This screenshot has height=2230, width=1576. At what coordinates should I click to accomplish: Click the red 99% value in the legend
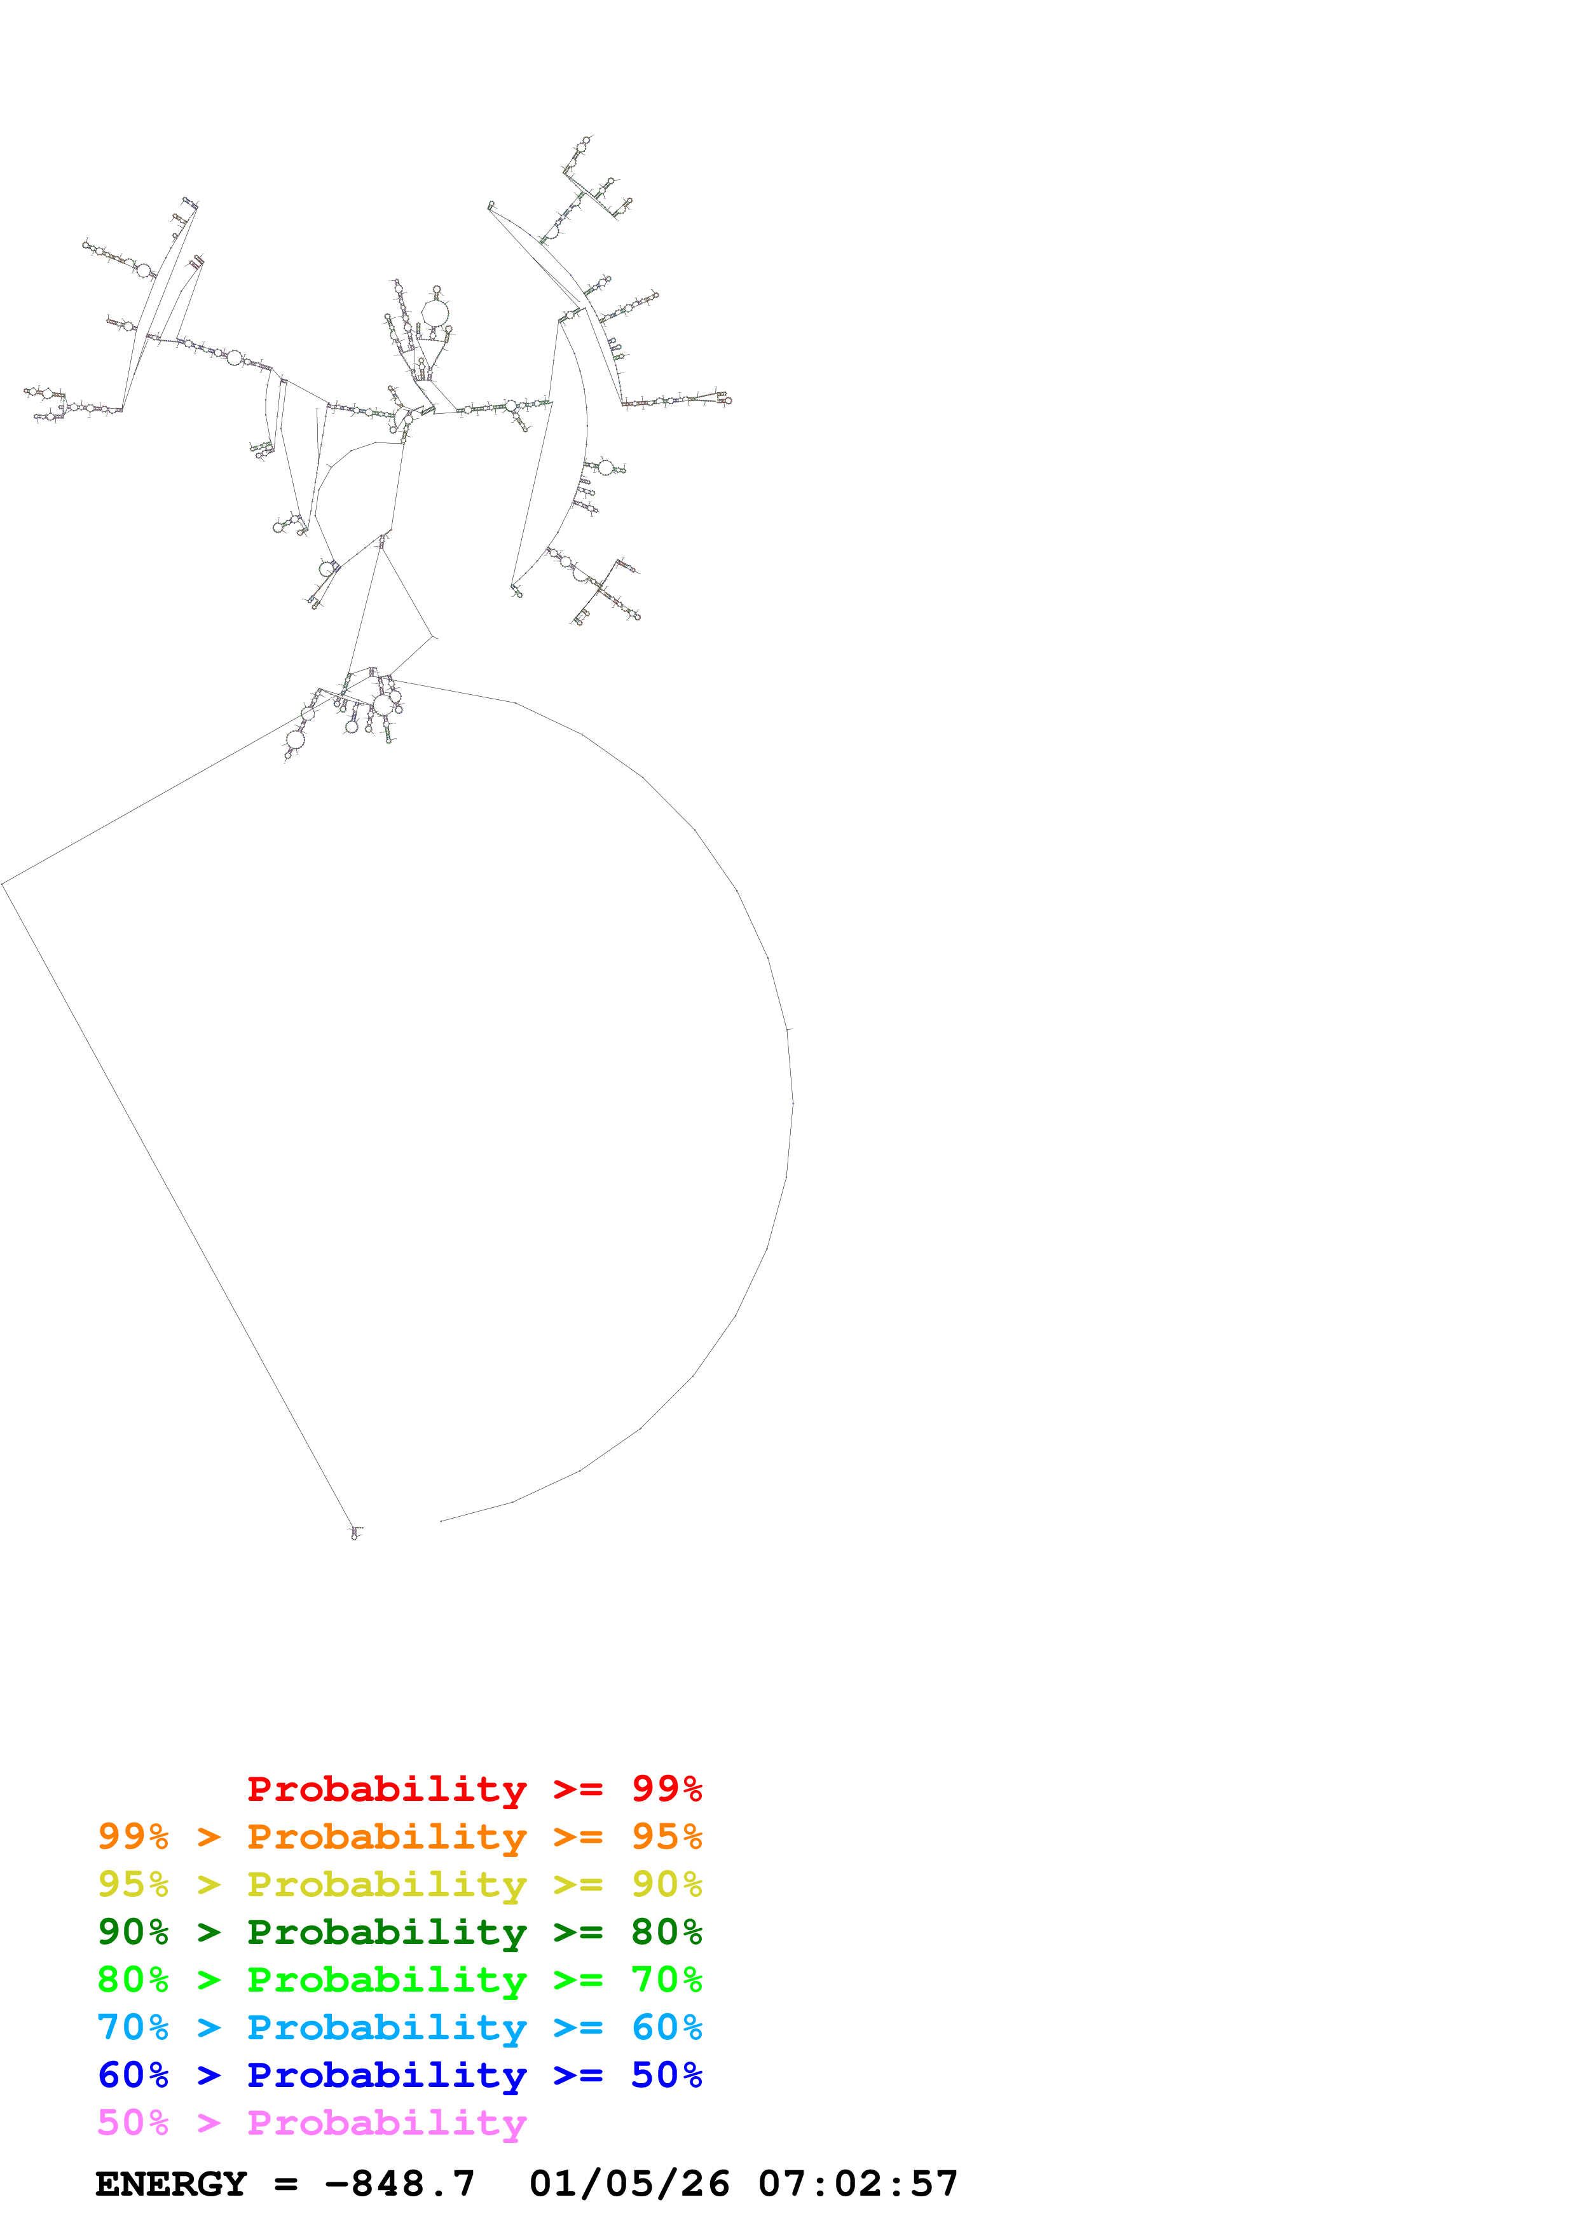point(666,1789)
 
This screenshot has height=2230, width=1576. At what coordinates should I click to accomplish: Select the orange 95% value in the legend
point(666,1837)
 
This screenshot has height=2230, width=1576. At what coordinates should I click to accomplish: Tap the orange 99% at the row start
point(133,1837)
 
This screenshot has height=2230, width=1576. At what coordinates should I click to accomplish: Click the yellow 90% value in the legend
point(666,1884)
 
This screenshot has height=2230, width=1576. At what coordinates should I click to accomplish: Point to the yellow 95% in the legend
point(133,1884)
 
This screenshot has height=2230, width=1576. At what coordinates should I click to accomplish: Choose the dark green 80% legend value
point(666,1932)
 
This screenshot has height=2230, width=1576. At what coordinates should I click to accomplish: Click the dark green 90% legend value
point(133,1932)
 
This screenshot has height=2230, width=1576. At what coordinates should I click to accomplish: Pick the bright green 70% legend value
point(666,1980)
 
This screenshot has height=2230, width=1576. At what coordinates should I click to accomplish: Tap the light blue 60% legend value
point(666,2027)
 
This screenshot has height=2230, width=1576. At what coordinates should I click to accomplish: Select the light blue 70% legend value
point(133,2027)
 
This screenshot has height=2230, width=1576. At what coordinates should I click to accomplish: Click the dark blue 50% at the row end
point(666,2075)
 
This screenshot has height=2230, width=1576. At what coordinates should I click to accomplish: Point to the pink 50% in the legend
point(133,2122)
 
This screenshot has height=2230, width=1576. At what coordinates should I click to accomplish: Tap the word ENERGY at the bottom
point(171,2184)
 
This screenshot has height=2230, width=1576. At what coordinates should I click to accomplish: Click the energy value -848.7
point(400,2184)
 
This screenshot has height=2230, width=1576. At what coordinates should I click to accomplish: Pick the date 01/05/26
point(629,2184)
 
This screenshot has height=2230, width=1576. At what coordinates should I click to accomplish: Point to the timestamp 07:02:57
point(858,2184)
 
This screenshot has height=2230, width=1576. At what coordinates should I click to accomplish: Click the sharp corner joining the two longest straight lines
point(3,884)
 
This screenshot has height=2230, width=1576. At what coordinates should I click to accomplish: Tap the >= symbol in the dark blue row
point(578,2076)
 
